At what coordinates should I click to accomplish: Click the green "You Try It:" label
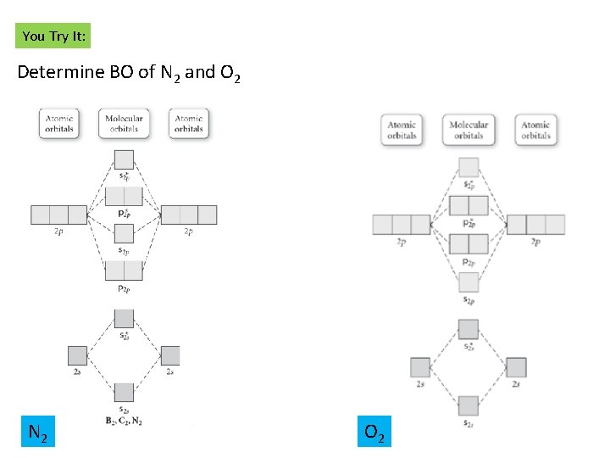(53, 36)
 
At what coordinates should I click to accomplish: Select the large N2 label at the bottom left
(37, 434)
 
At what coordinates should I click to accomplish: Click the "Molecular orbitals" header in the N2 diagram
(124, 124)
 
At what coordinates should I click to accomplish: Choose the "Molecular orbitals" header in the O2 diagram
(469, 130)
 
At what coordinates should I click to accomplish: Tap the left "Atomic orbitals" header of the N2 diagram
(59, 124)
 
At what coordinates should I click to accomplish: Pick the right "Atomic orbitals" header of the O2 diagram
(535, 130)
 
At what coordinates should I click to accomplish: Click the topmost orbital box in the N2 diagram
(124, 159)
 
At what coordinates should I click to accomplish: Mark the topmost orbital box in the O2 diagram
(469, 167)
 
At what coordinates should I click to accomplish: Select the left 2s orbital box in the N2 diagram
(77, 355)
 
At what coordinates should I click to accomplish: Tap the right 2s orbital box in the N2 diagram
(170, 355)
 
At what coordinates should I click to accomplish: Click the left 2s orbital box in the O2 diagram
(421, 367)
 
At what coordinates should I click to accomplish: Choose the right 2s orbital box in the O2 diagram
(516, 367)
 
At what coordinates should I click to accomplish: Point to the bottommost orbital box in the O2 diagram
(469, 405)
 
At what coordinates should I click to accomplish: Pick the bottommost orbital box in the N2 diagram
(124, 392)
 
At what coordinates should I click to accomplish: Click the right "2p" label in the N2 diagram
(189, 231)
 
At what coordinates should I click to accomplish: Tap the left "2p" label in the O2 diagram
(402, 242)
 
